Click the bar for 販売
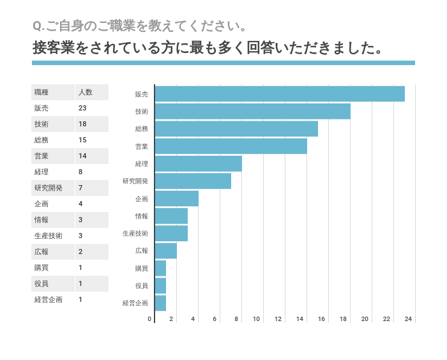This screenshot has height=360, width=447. pyautogui.click(x=280, y=94)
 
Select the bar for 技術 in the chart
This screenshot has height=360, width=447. pyautogui.click(x=252, y=111)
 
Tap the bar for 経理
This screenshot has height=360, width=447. pyautogui.click(x=198, y=163)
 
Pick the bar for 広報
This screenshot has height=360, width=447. pyautogui.click(x=165, y=251)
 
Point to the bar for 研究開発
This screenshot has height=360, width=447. pyautogui.click(x=193, y=181)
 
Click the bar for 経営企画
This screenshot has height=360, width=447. pyautogui.click(x=160, y=303)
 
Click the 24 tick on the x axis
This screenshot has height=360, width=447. pyautogui.click(x=408, y=319)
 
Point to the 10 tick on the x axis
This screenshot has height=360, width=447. pyautogui.click(x=256, y=319)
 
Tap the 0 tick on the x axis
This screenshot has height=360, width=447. pyautogui.click(x=150, y=319)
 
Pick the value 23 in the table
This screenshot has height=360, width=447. pyautogui.click(x=82, y=108)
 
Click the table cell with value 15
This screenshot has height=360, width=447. pyautogui.click(x=82, y=140)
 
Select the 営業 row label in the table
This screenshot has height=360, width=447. pyautogui.click(x=42, y=156)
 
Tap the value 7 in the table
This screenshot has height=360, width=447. pyautogui.click(x=80, y=188)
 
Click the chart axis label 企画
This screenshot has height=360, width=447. pyautogui.click(x=141, y=199)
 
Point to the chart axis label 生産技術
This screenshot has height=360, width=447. pyautogui.click(x=135, y=234)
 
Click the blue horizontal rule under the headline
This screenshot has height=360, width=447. pyautogui.click(x=223, y=63)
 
